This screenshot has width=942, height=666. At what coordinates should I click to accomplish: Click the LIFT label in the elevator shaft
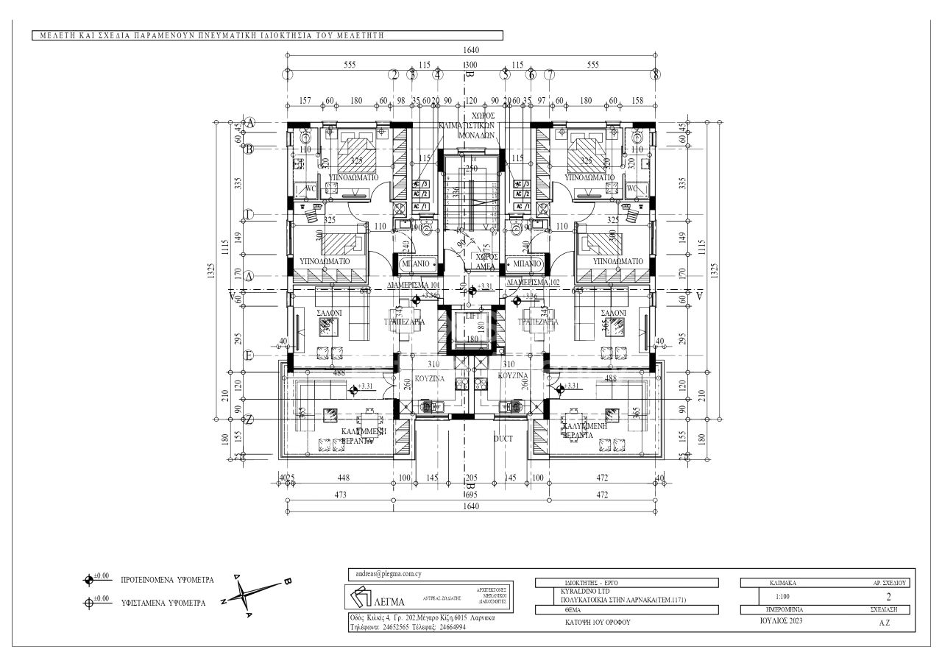[x=471, y=316]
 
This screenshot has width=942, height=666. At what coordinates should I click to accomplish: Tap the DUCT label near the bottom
[x=503, y=438]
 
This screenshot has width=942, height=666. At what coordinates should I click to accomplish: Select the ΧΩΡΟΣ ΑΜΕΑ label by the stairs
[x=484, y=261]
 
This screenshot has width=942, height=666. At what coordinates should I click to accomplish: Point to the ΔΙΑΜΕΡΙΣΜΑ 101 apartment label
[x=414, y=283]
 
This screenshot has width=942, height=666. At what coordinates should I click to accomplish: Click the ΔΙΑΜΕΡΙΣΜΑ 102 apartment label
[x=534, y=283]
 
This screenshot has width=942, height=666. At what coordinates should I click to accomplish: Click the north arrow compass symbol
[x=253, y=595]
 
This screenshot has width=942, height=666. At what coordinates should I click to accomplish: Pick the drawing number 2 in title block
[x=888, y=598]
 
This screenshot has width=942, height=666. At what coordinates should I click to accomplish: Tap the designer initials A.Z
[x=885, y=623]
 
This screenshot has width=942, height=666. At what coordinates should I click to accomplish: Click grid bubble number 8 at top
[x=655, y=74]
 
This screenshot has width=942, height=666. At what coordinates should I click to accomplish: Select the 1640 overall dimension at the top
[x=471, y=50]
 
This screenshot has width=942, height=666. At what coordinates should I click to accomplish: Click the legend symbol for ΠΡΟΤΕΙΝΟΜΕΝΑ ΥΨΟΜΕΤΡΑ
[x=89, y=579]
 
